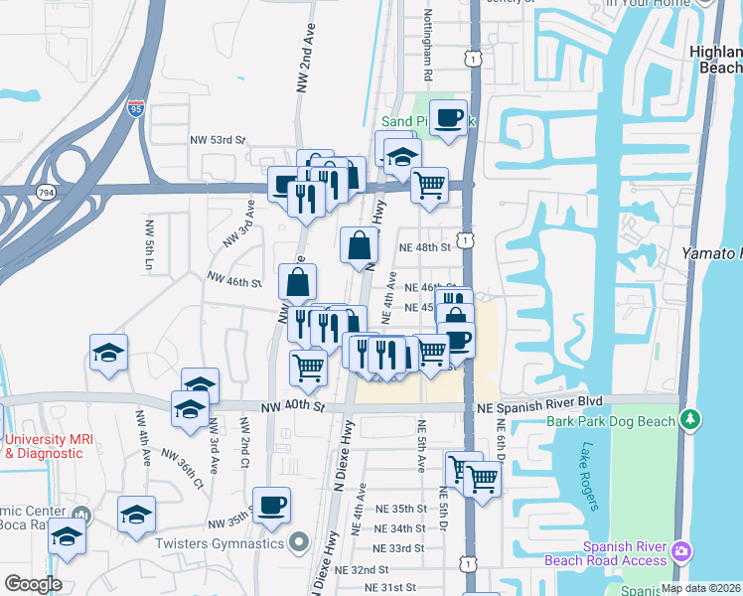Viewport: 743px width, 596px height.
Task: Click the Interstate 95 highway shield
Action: tap(134, 109)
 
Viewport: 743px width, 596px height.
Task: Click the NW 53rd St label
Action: tap(218, 140)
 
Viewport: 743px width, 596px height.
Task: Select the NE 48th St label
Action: tap(424, 246)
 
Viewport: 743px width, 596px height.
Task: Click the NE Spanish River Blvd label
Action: tap(539, 401)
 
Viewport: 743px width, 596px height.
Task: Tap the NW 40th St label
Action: tap(293, 406)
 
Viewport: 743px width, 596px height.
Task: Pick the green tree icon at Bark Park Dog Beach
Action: tap(689, 421)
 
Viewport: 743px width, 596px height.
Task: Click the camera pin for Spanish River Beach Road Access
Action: tap(681, 550)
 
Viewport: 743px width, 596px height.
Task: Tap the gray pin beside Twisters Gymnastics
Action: tap(298, 543)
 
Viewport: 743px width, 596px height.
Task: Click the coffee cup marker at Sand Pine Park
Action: tap(449, 117)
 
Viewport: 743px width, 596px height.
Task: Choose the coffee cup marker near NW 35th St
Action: tap(272, 503)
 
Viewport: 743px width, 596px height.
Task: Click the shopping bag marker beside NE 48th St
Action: tap(359, 243)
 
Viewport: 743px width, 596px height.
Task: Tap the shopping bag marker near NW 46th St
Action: tap(298, 282)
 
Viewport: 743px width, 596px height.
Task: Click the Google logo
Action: tap(33, 584)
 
